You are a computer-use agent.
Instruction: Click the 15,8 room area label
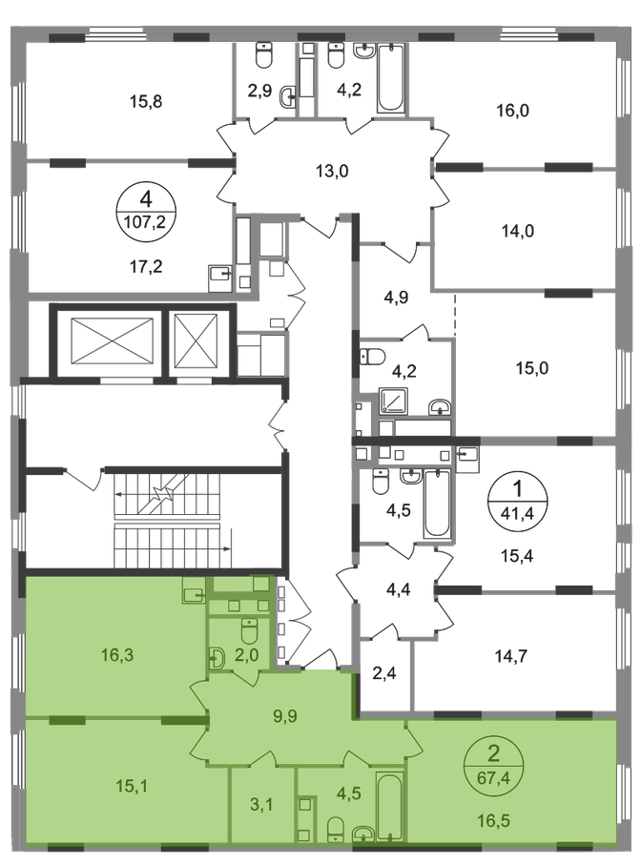[x=146, y=101]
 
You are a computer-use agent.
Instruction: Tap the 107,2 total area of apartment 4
[x=146, y=222]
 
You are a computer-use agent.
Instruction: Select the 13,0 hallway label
[x=332, y=171]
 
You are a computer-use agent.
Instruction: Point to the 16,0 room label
[x=512, y=111]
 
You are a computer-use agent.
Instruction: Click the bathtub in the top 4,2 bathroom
[x=391, y=79]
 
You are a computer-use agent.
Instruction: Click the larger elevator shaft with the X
[x=114, y=340]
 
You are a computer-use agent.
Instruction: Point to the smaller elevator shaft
[x=196, y=340]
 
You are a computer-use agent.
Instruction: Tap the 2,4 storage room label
[x=384, y=673]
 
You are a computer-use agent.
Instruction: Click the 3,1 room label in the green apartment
[x=261, y=804]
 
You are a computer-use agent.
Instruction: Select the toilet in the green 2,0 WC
[x=249, y=630]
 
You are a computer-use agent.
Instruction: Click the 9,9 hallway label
[x=284, y=716]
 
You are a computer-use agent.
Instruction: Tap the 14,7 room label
[x=511, y=656]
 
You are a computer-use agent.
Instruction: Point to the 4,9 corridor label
[x=396, y=298]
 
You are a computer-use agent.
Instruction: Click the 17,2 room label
[x=146, y=267]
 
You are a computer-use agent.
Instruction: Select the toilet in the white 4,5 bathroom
[x=381, y=481]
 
